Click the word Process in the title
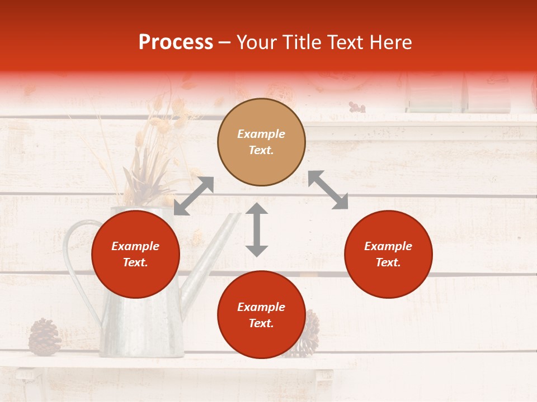coord(176,42)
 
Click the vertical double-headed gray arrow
coord(257,229)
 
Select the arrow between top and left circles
coord(194,195)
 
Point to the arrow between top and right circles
coord(328,190)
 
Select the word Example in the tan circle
coord(261,134)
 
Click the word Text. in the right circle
coord(388,262)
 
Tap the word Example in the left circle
coord(135,246)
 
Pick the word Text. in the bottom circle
coord(261,323)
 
